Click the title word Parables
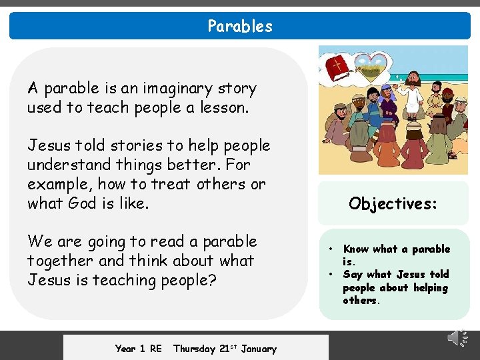click(x=240, y=26)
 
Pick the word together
click(x=59, y=261)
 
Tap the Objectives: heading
click(x=393, y=203)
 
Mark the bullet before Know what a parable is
click(x=331, y=249)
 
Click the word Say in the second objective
click(x=353, y=275)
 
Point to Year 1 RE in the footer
click(x=138, y=349)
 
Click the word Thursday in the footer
click(x=194, y=349)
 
